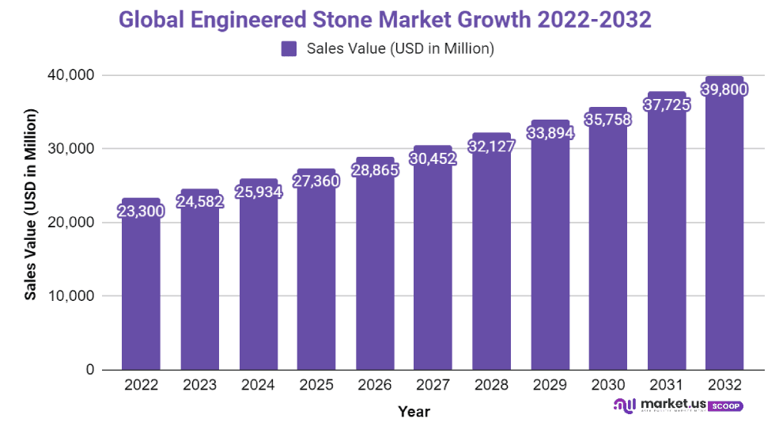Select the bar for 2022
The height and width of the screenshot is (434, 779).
tap(141, 293)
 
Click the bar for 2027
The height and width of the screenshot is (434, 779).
tap(433, 269)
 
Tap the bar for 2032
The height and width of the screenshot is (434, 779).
tap(724, 238)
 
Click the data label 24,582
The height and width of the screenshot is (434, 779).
tap(199, 201)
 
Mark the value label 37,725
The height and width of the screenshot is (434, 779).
tap(666, 104)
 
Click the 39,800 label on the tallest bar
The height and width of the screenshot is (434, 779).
tap(724, 89)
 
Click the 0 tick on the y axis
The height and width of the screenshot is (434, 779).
tap(90, 370)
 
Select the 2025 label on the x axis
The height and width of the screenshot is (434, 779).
tap(316, 386)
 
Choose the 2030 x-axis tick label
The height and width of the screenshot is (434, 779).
tap(608, 386)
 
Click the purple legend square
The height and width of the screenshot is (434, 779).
tap(289, 49)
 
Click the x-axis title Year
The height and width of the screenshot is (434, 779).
tap(414, 411)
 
